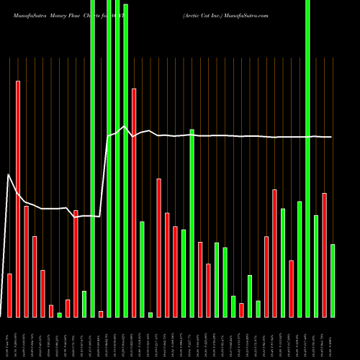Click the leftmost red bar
click(9, 295)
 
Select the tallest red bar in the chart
click(18, 199)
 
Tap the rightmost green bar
click(333, 281)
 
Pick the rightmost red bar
click(324, 255)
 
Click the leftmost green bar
click(59, 315)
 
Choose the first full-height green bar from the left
click(92, 158)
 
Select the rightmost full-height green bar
click(307, 158)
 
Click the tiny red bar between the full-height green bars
click(101, 314)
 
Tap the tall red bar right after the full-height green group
click(134, 202)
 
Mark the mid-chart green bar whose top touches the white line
click(192, 223)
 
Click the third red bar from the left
click(35, 276)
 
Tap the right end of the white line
click(332, 137)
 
